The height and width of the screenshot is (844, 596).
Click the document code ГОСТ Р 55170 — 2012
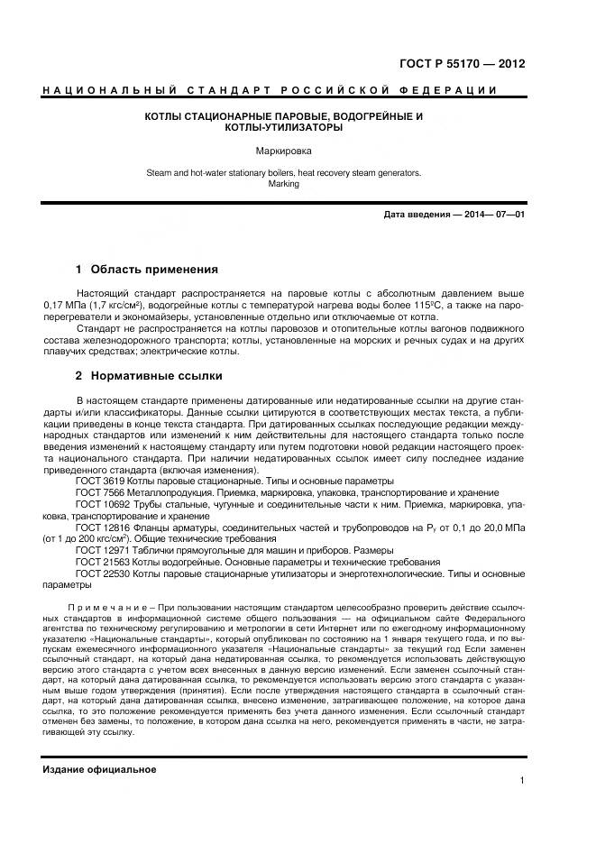[x=462, y=65]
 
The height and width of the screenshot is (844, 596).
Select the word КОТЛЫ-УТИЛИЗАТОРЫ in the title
[x=284, y=128]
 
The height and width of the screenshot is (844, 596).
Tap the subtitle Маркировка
[x=284, y=151]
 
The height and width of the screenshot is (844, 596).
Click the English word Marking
[x=284, y=184]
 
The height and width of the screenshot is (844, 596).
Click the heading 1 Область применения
[x=147, y=269]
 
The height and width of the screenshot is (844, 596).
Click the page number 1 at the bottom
[x=522, y=781]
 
